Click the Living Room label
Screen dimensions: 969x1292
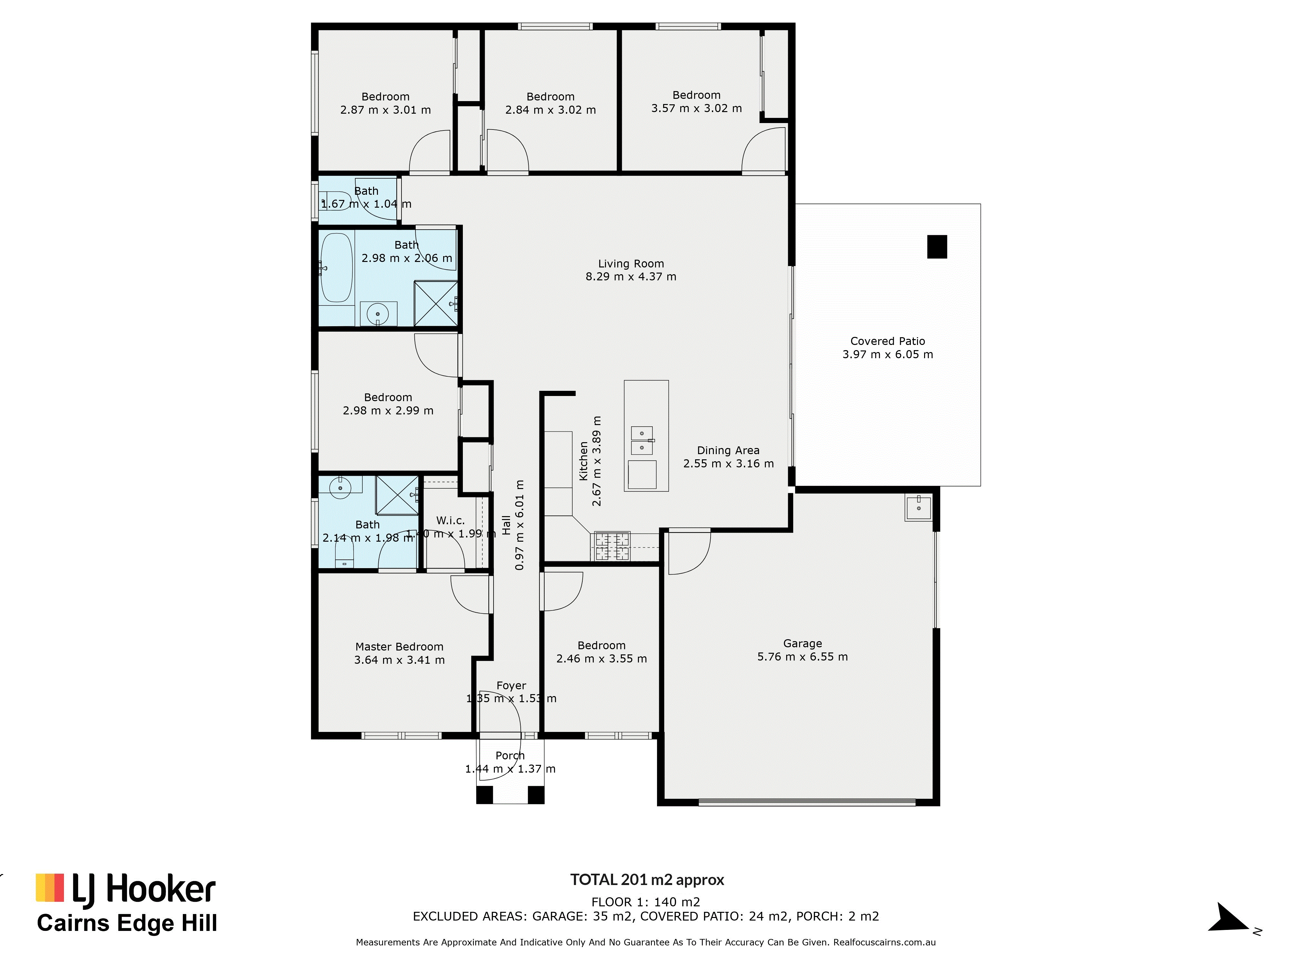pyautogui.click(x=631, y=264)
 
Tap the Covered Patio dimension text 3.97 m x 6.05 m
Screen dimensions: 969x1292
pyautogui.click(x=887, y=355)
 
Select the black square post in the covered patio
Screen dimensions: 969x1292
pyautogui.click(x=937, y=246)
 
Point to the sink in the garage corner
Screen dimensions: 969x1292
pyautogui.click(x=918, y=507)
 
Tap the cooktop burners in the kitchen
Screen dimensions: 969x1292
pyautogui.click(x=611, y=546)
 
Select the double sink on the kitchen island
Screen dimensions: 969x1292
pyautogui.click(x=641, y=440)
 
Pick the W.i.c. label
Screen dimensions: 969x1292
pyautogui.click(x=450, y=520)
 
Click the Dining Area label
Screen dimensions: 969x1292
pyautogui.click(x=728, y=450)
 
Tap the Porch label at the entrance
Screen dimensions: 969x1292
pyautogui.click(x=510, y=756)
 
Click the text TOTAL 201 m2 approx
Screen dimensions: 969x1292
pyautogui.click(x=647, y=880)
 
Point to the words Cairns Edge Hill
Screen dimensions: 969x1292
pyautogui.click(x=127, y=923)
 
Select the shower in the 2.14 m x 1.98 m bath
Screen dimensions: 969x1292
pyautogui.click(x=397, y=495)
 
